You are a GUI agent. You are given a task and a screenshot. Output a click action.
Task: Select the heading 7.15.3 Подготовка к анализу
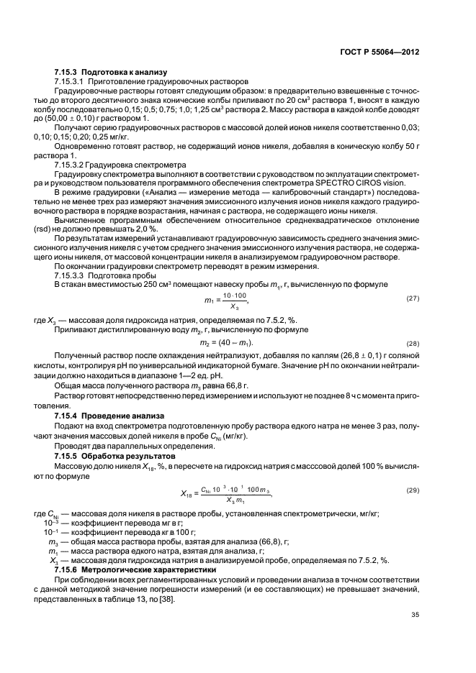[110, 73]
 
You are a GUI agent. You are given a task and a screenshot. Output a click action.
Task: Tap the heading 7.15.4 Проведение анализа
[110, 416]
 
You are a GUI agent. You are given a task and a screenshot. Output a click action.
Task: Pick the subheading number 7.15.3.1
[72, 82]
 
